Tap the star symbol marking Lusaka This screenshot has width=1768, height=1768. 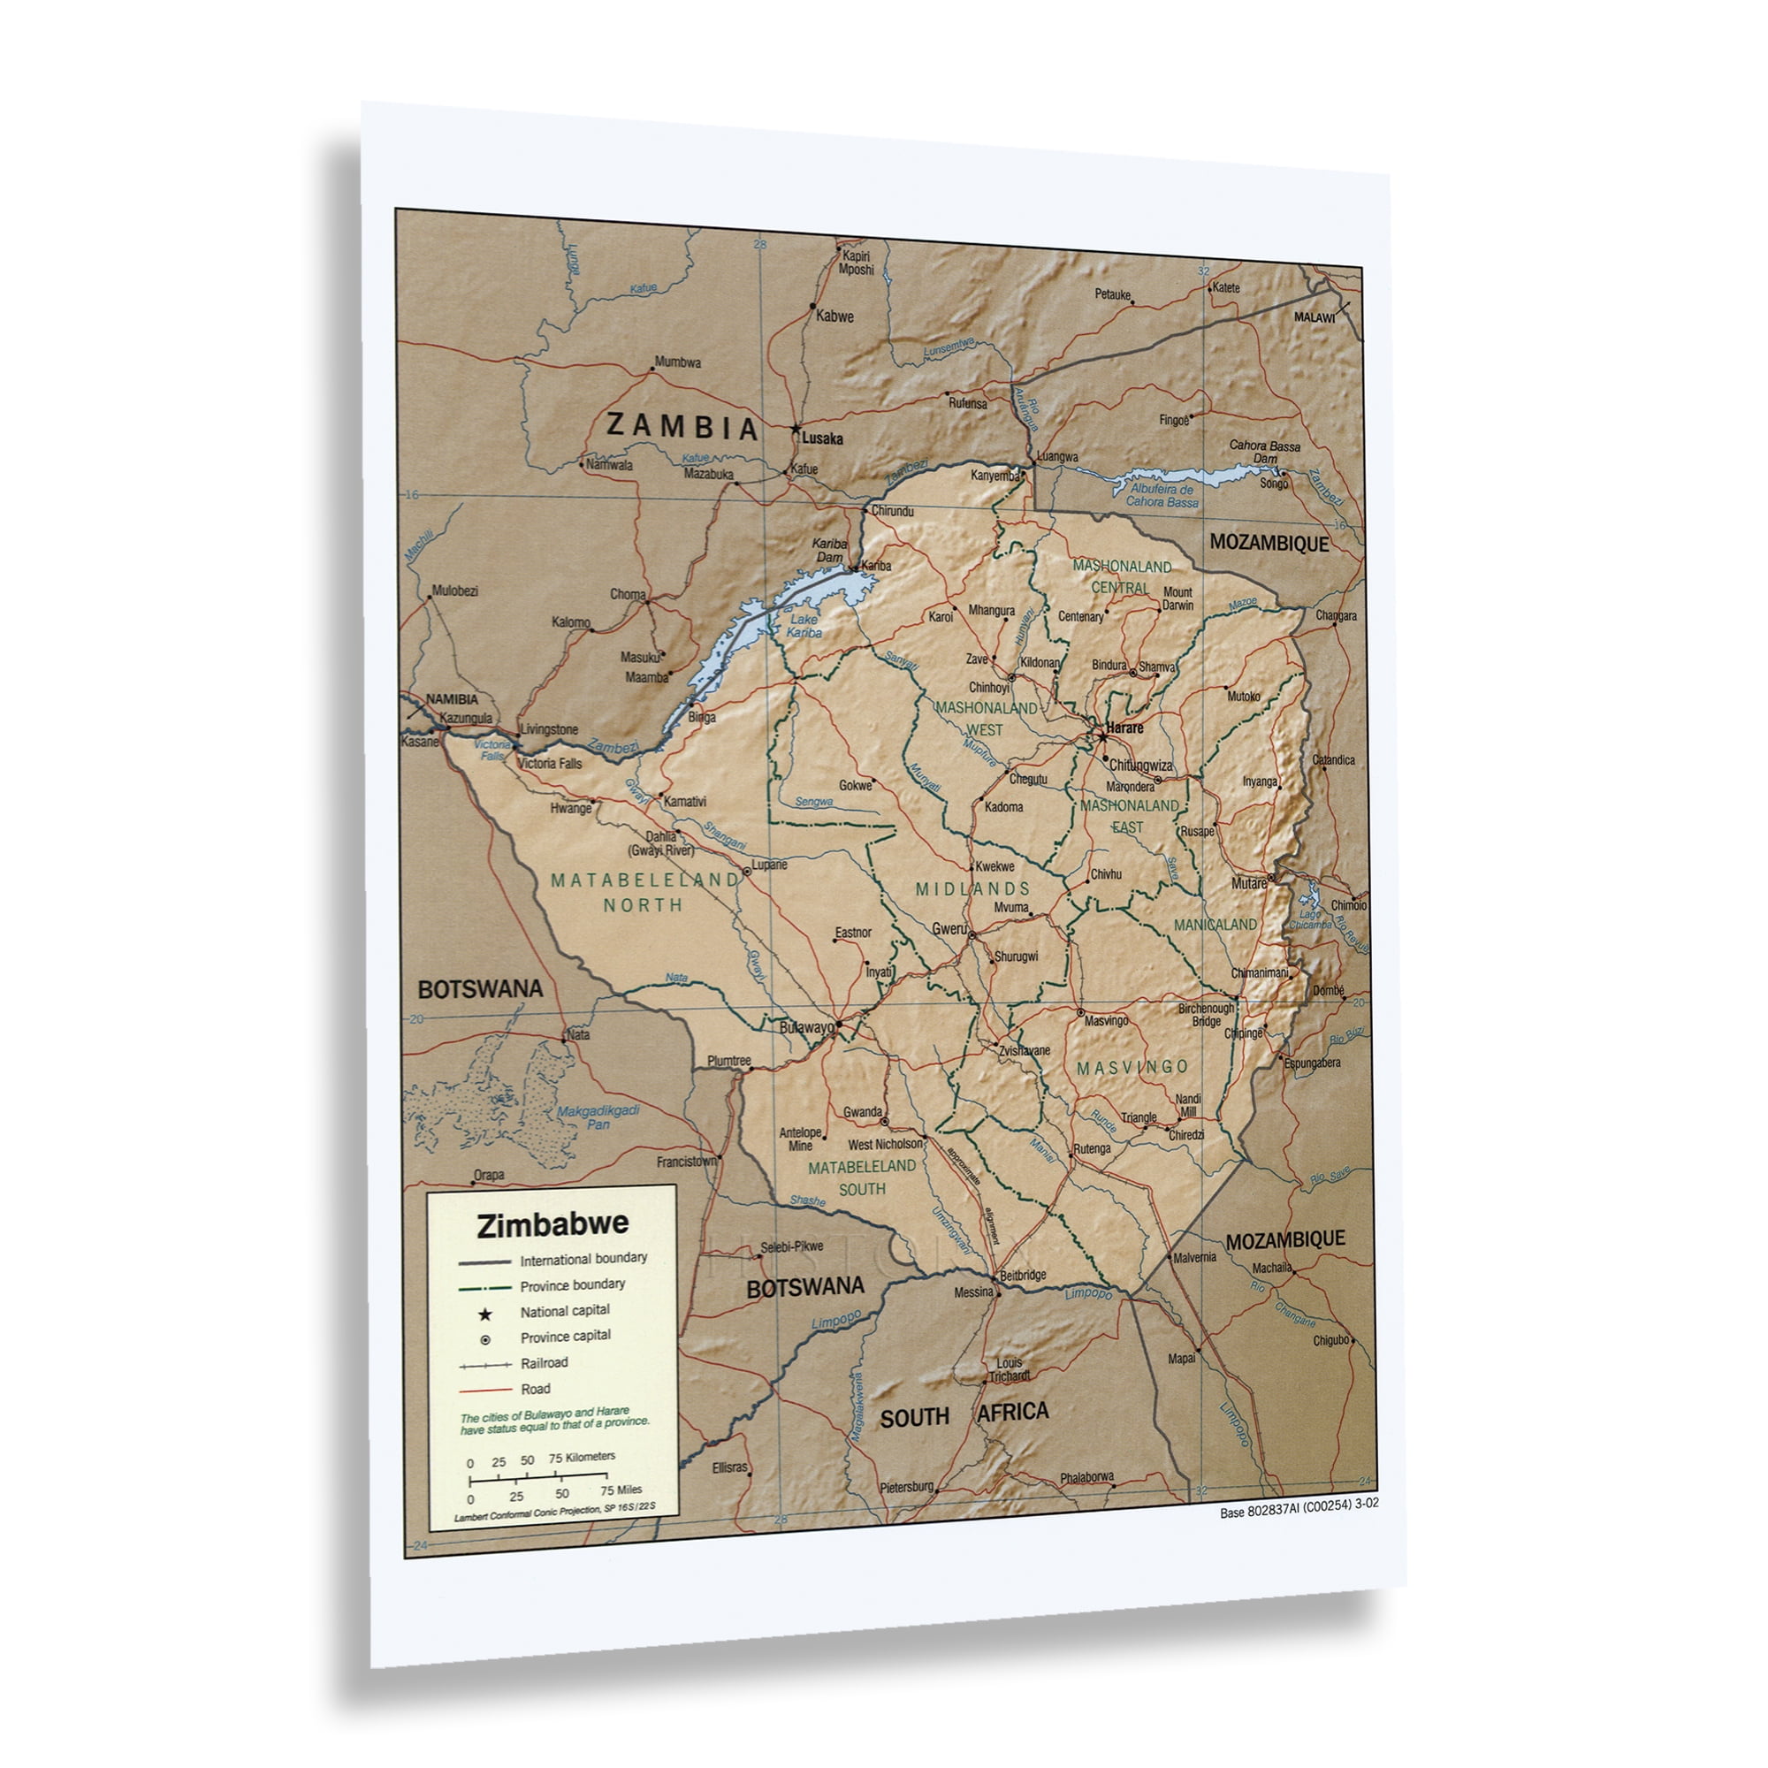(x=796, y=428)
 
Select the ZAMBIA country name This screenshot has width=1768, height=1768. (x=682, y=426)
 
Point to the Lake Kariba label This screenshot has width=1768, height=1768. (x=805, y=626)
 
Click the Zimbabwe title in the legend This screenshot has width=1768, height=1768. (x=552, y=1224)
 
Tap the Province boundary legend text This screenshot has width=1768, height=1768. (x=573, y=1284)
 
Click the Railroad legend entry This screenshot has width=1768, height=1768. (x=545, y=1362)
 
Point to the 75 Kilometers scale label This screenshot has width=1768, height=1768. (x=582, y=1457)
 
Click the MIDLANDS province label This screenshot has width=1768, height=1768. (x=972, y=888)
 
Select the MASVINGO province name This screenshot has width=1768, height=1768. (x=1132, y=1067)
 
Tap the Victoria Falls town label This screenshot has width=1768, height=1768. (x=550, y=763)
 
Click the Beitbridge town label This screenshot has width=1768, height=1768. (x=1023, y=1275)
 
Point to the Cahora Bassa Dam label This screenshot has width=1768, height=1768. (x=1265, y=451)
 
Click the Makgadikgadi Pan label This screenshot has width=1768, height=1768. (x=598, y=1117)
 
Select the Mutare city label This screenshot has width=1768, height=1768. (x=1248, y=883)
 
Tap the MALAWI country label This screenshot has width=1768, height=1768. (x=1315, y=316)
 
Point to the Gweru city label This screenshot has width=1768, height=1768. (x=949, y=928)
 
